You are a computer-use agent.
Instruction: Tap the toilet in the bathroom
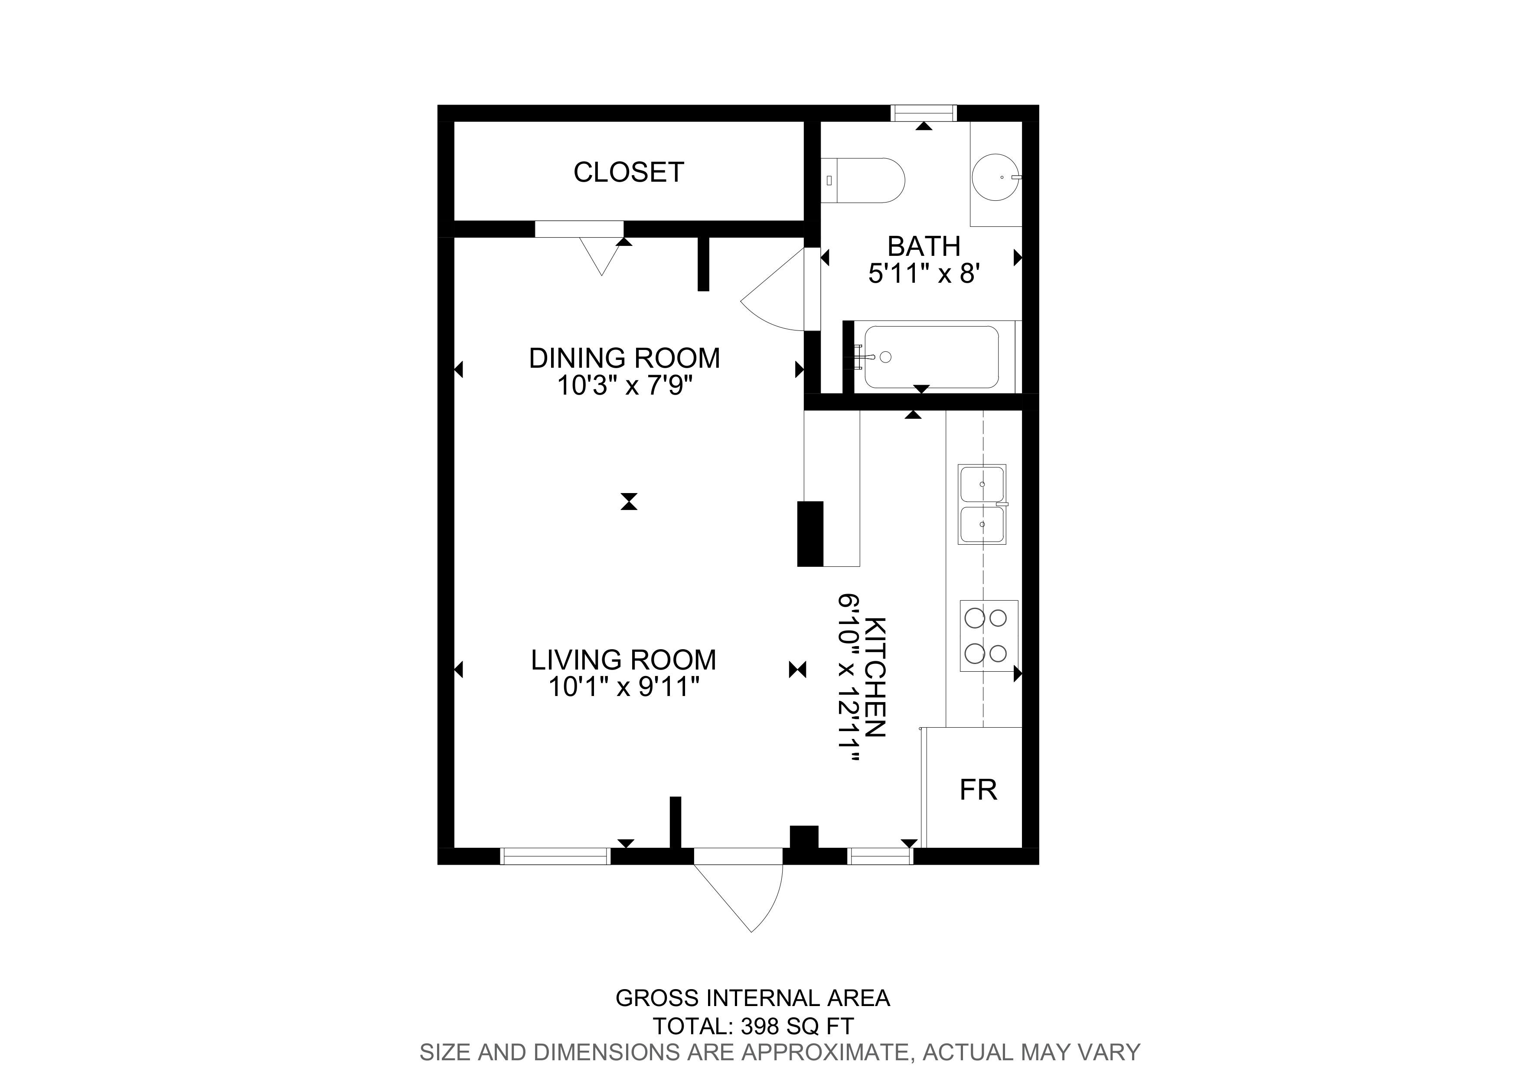tap(862, 180)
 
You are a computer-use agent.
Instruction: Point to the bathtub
tap(931, 357)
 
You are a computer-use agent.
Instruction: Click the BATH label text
tap(924, 246)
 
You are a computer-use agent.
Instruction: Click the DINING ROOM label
tap(624, 358)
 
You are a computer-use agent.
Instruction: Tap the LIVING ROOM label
tap(623, 660)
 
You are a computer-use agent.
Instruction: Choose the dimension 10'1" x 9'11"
tap(623, 687)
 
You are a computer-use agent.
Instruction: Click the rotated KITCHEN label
tap(876, 677)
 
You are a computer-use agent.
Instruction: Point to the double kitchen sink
tap(982, 505)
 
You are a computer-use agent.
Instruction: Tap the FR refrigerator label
tap(979, 790)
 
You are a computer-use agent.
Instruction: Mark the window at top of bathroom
tap(924, 113)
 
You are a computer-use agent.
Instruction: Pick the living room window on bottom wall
tap(555, 856)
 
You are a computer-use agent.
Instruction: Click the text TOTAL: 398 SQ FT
tap(753, 1026)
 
